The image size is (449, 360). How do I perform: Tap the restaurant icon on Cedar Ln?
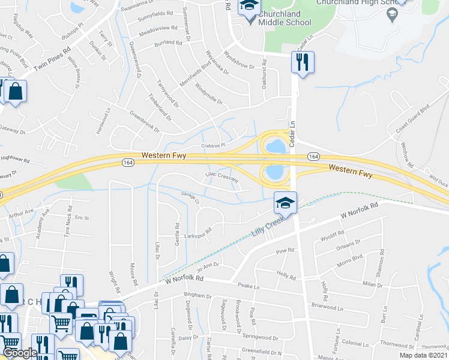tap(301, 62)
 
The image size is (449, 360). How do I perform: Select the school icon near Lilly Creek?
tap(285, 203)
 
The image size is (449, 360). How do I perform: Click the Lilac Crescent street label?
tap(222, 178)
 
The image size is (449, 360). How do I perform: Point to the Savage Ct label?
tap(190, 197)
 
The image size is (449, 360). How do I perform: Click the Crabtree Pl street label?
tap(212, 145)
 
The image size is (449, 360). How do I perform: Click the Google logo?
tap(20, 352)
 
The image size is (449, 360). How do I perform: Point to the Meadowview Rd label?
tap(159, 29)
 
